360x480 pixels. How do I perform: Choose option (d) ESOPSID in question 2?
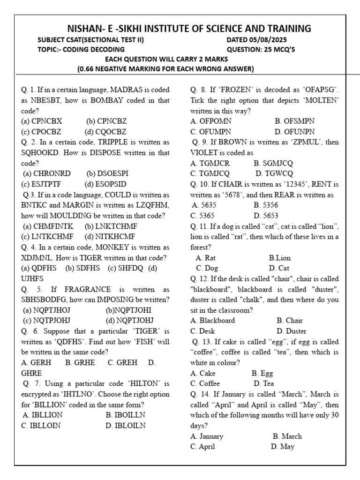[x=105, y=184]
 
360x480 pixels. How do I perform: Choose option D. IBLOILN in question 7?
[x=126, y=426]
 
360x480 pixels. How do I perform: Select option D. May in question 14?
[x=282, y=446]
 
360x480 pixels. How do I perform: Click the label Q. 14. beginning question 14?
[x=202, y=394]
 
